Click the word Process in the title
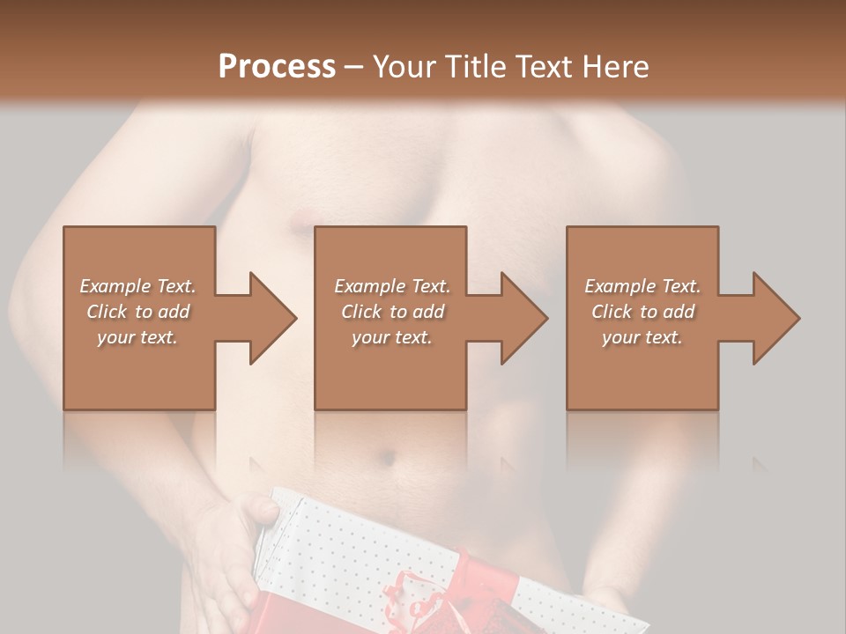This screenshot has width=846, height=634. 277,66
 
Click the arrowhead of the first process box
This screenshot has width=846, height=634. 272,318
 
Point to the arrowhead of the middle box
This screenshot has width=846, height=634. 523,318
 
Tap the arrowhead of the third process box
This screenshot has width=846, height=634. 775,318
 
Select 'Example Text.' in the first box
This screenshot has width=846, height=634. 137,286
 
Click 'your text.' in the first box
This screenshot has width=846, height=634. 137,337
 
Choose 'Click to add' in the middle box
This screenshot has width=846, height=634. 392,312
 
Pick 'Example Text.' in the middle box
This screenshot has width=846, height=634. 392,286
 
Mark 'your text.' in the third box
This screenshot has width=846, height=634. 642,337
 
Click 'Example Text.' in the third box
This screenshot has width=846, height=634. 642,286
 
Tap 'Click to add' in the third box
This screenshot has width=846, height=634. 642,312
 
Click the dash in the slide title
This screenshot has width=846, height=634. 353,67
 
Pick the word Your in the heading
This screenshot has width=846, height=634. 402,66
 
